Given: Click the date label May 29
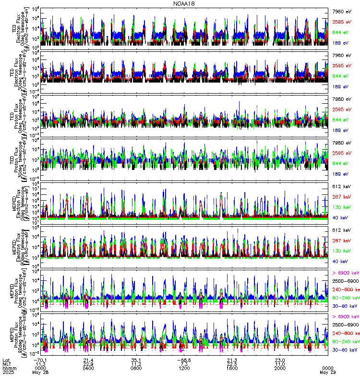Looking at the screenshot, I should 328,372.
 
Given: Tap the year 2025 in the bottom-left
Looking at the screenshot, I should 9,372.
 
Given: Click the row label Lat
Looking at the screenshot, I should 6,360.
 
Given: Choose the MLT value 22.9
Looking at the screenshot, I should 88,364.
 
